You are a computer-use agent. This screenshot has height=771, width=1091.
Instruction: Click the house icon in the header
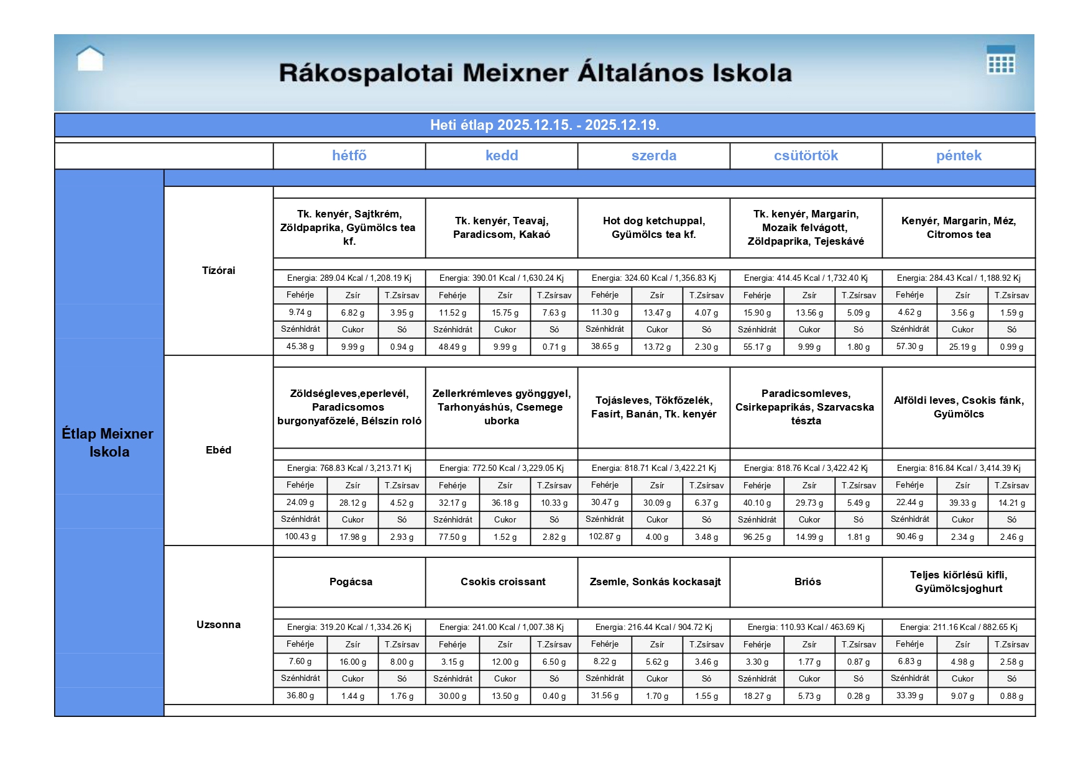(90, 59)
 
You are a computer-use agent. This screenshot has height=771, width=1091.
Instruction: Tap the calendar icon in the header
(1000, 60)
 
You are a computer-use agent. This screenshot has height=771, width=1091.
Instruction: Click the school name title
(535, 73)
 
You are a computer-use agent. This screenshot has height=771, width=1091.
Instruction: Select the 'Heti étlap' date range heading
(545, 125)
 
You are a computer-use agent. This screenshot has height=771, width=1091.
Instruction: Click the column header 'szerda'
(653, 156)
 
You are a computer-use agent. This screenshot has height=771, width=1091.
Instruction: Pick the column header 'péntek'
(958, 156)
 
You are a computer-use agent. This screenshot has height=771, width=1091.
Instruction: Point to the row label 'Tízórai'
(218, 270)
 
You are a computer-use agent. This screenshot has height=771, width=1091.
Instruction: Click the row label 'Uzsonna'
(218, 624)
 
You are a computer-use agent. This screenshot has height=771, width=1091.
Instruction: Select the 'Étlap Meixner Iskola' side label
(109, 442)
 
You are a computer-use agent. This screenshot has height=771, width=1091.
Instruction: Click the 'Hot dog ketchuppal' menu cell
(653, 227)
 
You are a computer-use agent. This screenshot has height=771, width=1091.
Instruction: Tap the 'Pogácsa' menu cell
(351, 582)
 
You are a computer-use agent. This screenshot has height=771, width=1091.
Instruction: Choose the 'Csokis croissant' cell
(502, 582)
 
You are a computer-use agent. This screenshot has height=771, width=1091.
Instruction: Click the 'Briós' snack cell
(807, 582)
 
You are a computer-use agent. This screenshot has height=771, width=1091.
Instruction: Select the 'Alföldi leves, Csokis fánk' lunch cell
(958, 407)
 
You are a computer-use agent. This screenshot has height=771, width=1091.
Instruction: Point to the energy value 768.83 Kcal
(349, 468)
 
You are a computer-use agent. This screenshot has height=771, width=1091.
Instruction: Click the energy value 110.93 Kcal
(806, 627)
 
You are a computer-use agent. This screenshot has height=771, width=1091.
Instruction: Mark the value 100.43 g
(300, 536)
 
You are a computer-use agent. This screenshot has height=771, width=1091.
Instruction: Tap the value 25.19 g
(962, 347)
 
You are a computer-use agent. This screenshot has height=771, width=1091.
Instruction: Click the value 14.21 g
(1011, 503)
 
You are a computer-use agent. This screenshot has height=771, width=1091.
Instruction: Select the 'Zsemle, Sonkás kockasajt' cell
(655, 582)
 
